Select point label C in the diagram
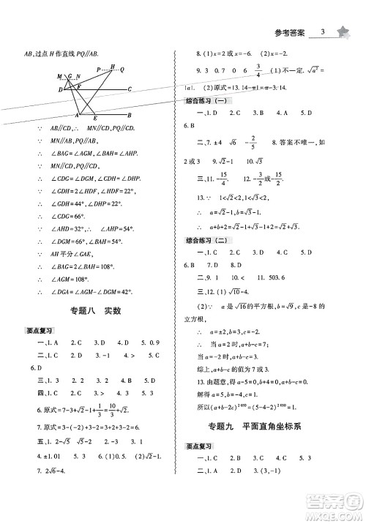pyautogui.click(x=130, y=89)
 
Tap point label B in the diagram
pyautogui.click(x=130, y=116)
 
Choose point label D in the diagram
pyautogui.click(x=61, y=89)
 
